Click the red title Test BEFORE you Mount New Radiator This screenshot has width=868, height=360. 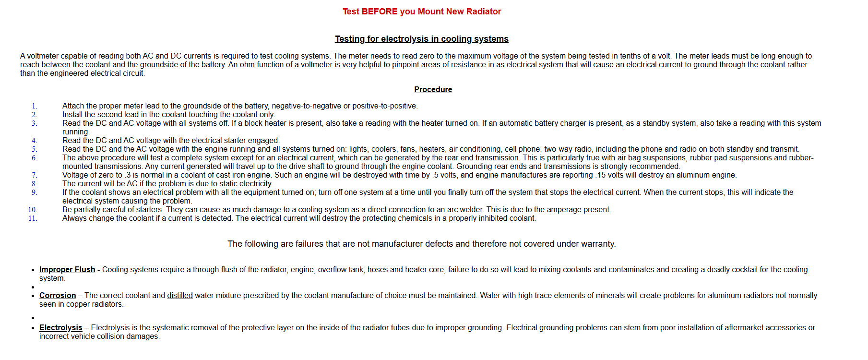point(421,12)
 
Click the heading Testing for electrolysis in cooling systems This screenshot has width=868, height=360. point(421,39)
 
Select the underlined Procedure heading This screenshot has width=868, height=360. point(433,90)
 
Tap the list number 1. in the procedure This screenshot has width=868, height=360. point(34,106)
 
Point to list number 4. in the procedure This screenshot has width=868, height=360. point(34,141)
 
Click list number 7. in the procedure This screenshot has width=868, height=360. point(34,175)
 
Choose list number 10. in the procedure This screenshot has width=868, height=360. point(32,210)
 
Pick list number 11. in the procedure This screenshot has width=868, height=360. point(32,218)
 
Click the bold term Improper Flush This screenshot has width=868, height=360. point(67,270)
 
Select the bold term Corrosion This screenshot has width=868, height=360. point(58,296)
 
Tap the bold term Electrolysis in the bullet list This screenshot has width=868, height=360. point(60,328)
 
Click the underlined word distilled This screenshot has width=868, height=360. point(179,296)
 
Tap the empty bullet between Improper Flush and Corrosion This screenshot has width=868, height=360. point(33,288)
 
